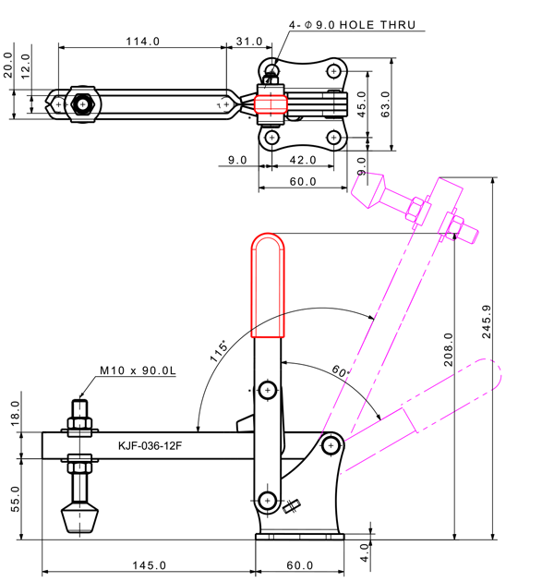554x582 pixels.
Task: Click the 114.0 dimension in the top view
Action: (x=143, y=42)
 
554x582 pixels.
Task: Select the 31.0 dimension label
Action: (x=248, y=42)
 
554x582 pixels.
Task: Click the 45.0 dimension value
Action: (x=362, y=101)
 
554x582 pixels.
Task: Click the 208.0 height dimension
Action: (x=449, y=350)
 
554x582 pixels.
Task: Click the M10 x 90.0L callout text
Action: (x=138, y=370)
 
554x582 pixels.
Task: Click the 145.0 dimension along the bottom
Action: (x=148, y=564)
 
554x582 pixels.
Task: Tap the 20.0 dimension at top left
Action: (x=7, y=71)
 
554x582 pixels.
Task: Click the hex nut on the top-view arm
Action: (x=83, y=104)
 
